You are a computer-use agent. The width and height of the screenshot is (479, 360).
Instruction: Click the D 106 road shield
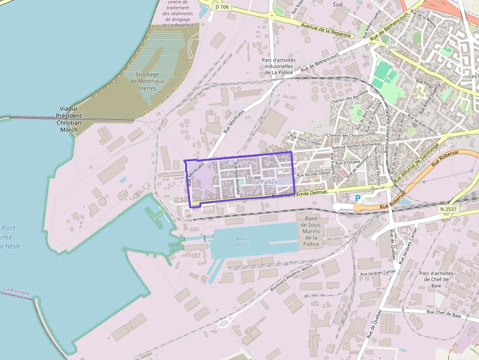[222, 6]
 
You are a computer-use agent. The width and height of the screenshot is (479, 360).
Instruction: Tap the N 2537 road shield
[448, 209]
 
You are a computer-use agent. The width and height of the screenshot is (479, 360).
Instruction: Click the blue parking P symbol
[358, 198]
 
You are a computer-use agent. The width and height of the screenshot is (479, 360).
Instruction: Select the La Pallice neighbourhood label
[265, 182]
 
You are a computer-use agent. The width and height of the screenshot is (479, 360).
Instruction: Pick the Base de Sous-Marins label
[311, 231]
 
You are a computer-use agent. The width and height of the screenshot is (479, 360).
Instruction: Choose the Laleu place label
[392, 47]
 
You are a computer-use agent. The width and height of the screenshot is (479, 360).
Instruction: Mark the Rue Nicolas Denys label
[313, 174]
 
